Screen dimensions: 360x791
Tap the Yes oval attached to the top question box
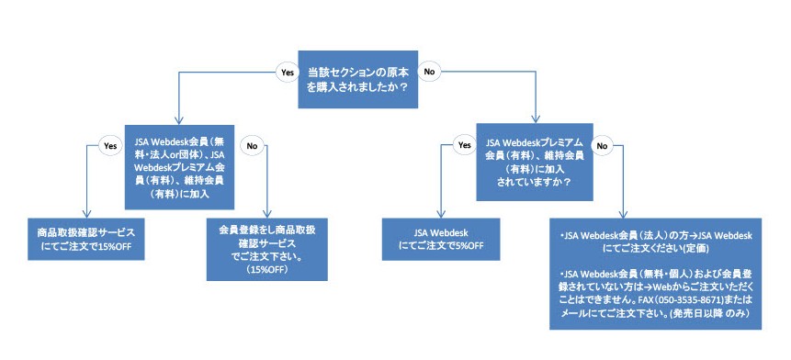pos(286,71)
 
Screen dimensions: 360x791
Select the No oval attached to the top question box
pos(429,71)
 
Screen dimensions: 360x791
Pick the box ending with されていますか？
pos(534,162)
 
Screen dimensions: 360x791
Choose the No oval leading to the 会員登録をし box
pos(250,145)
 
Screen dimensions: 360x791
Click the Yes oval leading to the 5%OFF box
pos(465,145)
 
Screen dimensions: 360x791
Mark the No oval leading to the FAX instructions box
pos(604,145)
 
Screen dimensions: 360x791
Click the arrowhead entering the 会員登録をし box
pos(266,214)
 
